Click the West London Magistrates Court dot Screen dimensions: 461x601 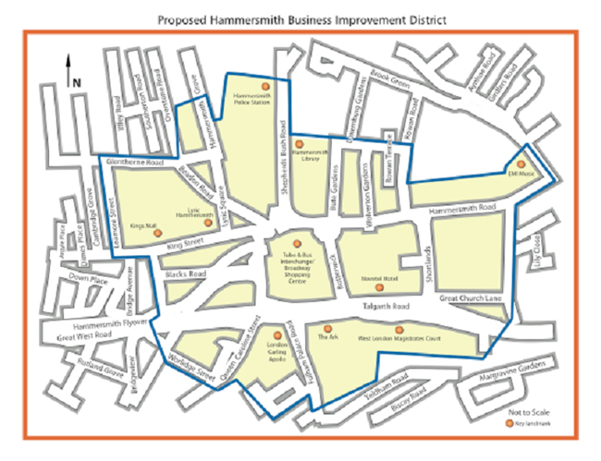[x=399, y=330]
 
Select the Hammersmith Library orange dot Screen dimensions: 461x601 [x=297, y=143]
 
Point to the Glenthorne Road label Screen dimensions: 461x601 [x=136, y=163]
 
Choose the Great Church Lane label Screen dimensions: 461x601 [x=468, y=298]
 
